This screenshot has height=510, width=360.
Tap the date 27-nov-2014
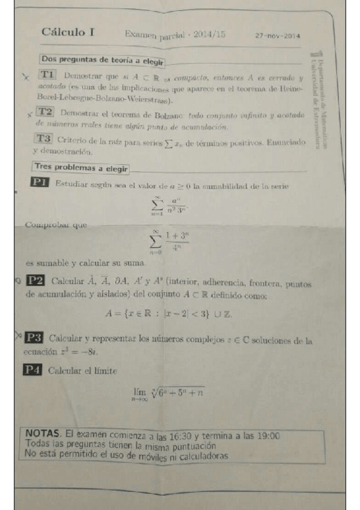pyautogui.click(x=278, y=35)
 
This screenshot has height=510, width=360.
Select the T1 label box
pyautogui.click(x=49, y=75)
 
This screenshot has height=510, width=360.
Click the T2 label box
pyautogui.click(x=46, y=112)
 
